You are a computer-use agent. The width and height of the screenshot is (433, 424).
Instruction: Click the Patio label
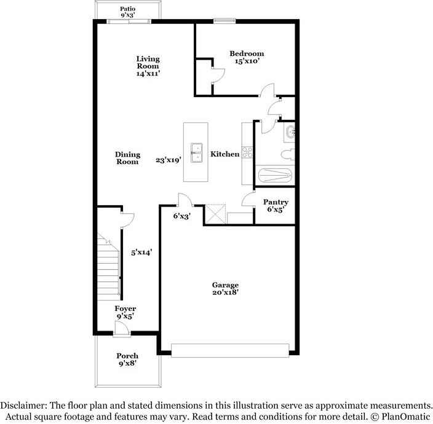[128, 9]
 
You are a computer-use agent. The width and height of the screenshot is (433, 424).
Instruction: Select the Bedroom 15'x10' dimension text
[247, 61]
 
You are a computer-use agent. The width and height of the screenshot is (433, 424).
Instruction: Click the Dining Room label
[128, 158]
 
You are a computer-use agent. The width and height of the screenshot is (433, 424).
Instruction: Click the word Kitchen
[225, 154]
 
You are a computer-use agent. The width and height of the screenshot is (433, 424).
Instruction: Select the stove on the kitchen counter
[247, 152]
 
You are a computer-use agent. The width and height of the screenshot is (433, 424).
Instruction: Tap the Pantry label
[276, 202]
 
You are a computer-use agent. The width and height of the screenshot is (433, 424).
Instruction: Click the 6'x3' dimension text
[181, 216]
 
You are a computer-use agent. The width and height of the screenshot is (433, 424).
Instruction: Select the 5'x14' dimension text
[141, 252]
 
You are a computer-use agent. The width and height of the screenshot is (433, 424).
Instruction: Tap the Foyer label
[125, 308]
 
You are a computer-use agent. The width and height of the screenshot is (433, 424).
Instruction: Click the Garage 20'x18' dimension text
[225, 292]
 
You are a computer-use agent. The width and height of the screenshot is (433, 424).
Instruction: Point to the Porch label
[127, 356]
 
